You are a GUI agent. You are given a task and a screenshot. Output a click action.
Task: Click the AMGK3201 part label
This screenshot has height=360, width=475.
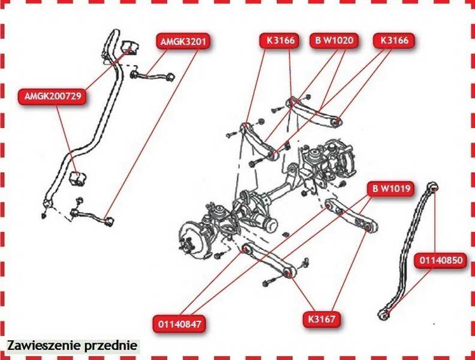(184, 41)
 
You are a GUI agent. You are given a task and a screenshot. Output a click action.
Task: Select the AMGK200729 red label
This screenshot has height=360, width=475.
(52, 97)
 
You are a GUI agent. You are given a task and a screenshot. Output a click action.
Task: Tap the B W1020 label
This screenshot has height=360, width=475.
(334, 40)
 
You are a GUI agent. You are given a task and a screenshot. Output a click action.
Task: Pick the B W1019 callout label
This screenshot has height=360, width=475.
(391, 189)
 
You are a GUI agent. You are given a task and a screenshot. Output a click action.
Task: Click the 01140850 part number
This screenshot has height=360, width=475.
(441, 260)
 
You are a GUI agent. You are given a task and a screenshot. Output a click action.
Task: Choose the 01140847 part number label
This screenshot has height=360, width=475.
(179, 324)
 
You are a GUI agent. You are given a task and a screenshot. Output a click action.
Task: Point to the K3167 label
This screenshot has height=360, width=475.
(321, 319)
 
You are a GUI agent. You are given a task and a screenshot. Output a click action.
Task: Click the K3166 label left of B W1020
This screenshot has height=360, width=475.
(279, 40)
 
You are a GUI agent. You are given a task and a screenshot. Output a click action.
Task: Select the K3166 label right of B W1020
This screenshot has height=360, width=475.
(394, 40)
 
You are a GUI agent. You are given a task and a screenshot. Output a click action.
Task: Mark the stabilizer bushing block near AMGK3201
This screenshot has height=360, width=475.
(130, 47)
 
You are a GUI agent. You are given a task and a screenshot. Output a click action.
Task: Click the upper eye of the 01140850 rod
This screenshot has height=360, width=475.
(433, 186)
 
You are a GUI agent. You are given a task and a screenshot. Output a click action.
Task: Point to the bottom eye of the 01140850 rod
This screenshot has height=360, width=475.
(384, 314)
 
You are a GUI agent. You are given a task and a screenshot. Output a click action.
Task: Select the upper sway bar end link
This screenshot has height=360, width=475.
(152, 76)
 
